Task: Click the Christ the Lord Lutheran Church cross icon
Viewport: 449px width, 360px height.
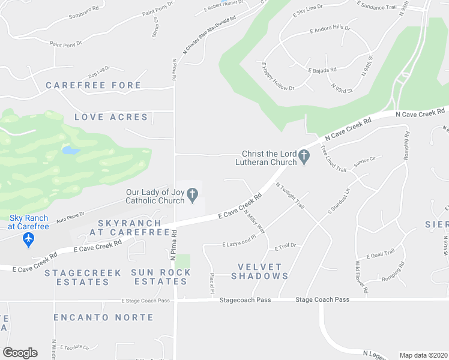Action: point(304,157)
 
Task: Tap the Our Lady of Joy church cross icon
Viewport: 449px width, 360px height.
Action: point(192,194)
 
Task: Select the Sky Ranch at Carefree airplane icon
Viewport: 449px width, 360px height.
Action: point(28,239)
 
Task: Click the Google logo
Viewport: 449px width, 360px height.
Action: point(20,353)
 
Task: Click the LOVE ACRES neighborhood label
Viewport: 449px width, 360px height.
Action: point(111,117)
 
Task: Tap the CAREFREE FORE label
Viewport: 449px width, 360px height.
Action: point(93,85)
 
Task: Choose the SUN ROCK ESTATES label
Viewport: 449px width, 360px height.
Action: point(161,277)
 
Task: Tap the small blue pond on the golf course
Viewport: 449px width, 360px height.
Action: point(70,150)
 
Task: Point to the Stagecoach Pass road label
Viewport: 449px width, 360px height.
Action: point(245,299)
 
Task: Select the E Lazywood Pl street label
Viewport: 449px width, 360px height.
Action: point(239,245)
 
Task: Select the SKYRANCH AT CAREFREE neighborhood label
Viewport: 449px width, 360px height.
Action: point(129,227)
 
